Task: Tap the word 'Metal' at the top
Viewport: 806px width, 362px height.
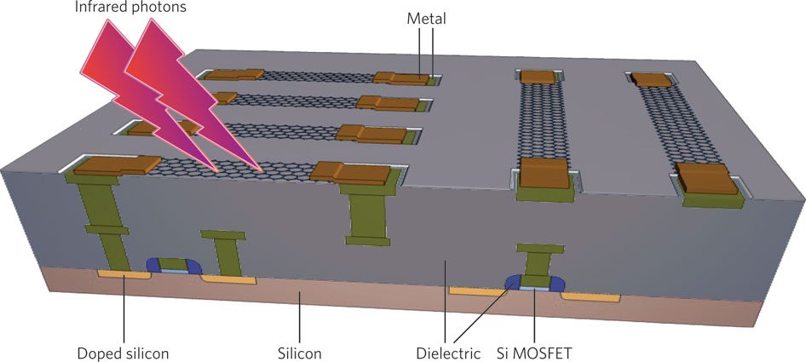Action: pyautogui.click(x=427, y=18)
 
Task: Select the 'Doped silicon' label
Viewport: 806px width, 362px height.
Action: pyautogui.click(x=124, y=351)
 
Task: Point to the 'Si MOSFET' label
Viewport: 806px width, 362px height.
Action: pyautogui.click(x=534, y=351)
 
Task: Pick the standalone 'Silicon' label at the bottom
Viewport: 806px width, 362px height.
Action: pyautogui.click(x=299, y=351)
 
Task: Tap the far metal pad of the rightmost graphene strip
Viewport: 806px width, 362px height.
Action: pyautogui.click(x=652, y=79)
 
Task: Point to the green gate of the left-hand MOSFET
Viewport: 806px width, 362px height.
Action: pyautogui.click(x=173, y=263)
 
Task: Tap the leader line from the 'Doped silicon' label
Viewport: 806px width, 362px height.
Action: pyautogui.click(x=124, y=307)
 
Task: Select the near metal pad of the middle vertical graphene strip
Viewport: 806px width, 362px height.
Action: pyautogui.click(x=544, y=174)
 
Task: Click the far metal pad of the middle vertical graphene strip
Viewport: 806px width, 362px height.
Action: pyautogui.click(x=537, y=77)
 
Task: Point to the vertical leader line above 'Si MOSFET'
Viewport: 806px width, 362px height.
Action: pyautogui.click(x=533, y=315)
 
